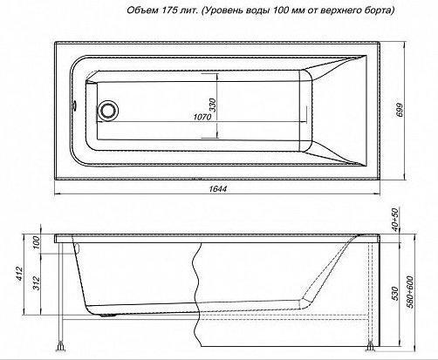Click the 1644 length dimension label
click(217, 189)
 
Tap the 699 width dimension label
click(400, 110)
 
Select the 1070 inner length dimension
click(202, 117)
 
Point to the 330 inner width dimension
click(213, 105)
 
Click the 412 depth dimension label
click(19, 274)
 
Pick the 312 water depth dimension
click(36, 282)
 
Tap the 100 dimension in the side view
click(36, 243)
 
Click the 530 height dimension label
click(394, 294)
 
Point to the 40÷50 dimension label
click(395, 220)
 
